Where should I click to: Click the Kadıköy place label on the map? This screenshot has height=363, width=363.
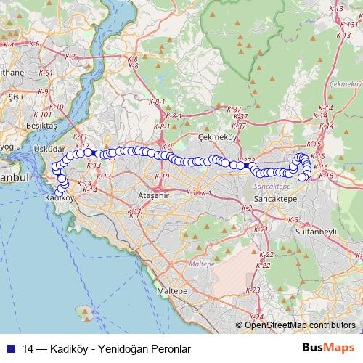click(x=59, y=197)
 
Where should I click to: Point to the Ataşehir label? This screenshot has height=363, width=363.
click(x=153, y=196)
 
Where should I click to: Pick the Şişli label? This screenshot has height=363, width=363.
click(x=15, y=95)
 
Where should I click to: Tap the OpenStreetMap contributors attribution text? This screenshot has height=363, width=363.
click(x=300, y=325)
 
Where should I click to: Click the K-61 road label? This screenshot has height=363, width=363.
click(x=45, y=73)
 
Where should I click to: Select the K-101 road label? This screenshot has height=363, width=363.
click(x=41, y=114)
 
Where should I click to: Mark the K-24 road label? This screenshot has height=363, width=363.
click(x=256, y=317)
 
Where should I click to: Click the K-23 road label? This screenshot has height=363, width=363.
click(x=253, y=290)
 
